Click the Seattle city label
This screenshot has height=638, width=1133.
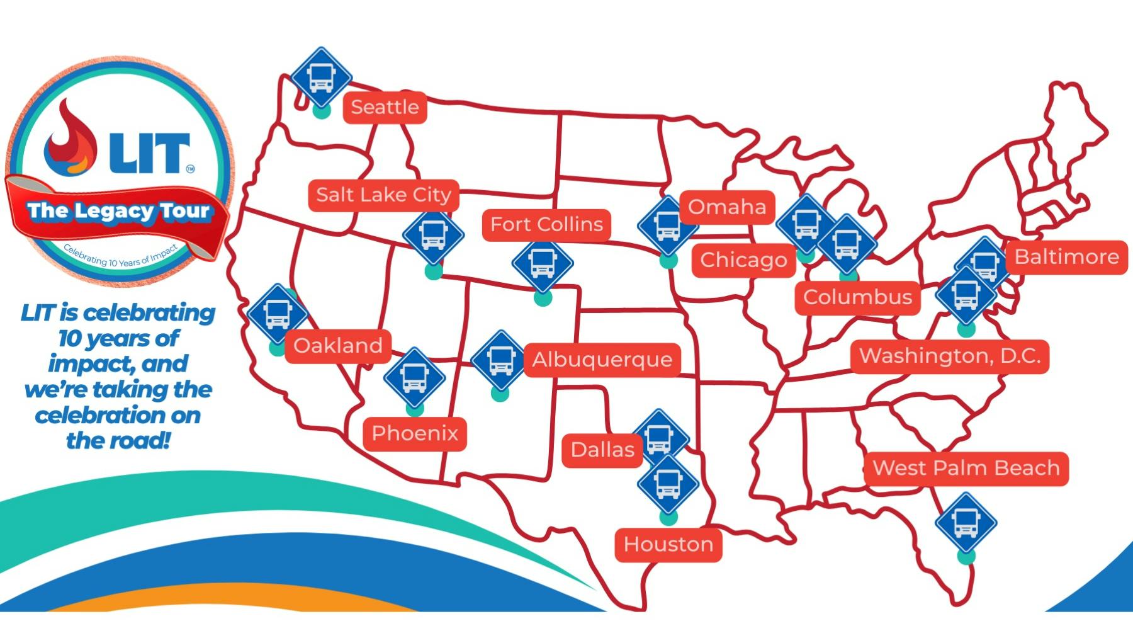point(385,107)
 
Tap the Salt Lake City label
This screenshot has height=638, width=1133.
point(383,195)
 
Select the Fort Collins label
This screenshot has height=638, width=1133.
point(546,224)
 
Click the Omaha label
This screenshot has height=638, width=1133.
point(727,207)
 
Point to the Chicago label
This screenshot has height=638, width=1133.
point(743,259)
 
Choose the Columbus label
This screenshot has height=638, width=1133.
point(857,297)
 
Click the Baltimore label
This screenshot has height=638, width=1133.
point(1066,256)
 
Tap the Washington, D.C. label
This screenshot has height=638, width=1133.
point(950,356)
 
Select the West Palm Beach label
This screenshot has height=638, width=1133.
point(966,468)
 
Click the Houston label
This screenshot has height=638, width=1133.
point(668,544)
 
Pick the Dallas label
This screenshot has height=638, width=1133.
point(602,450)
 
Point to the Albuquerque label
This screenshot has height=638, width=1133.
point(602,360)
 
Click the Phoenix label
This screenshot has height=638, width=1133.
point(415,433)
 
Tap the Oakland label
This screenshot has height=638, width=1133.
point(338,346)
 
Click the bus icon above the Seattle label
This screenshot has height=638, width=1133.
point(321,77)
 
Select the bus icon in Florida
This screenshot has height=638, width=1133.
point(966,523)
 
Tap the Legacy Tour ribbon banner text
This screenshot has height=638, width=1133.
point(118,211)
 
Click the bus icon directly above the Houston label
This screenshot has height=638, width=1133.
point(668,484)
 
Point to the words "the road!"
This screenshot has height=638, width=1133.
point(118,440)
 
